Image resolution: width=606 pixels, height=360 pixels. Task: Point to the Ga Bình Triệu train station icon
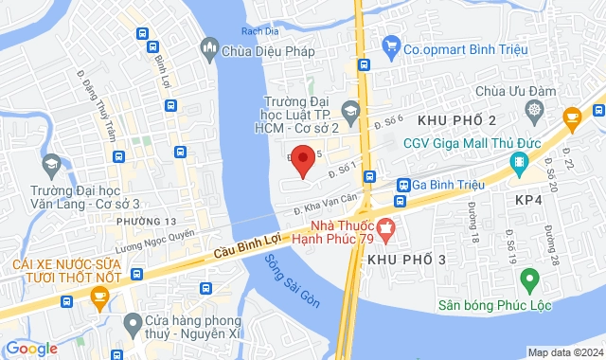(x=402, y=185)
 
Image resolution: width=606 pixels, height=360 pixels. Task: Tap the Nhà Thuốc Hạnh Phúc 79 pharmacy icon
(x=385, y=227)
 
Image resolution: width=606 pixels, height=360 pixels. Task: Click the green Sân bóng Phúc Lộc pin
(x=530, y=280)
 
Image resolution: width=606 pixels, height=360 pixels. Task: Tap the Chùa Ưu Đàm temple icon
(x=535, y=111)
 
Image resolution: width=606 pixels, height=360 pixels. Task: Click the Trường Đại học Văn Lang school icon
(x=50, y=166)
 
